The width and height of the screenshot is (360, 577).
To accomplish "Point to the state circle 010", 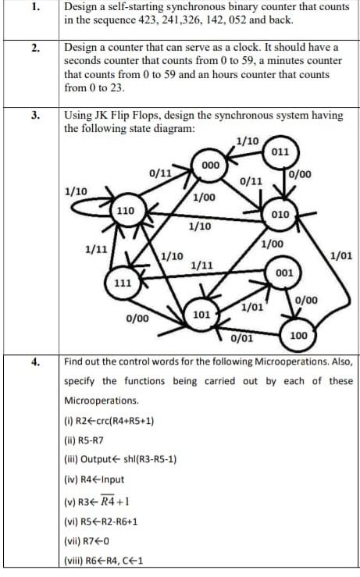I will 281,213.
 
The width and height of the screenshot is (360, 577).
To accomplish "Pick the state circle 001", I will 284,273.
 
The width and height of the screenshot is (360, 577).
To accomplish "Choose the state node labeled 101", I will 201,315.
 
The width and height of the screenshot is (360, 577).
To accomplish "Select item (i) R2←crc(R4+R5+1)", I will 109,420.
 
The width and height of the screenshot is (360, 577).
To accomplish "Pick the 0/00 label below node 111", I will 137,319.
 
